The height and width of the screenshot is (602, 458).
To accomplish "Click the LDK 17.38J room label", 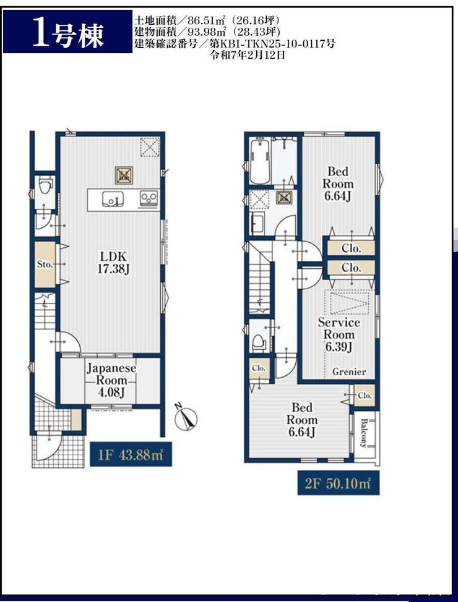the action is coord(113,263).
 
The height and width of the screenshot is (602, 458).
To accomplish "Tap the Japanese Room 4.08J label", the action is coord(111,380).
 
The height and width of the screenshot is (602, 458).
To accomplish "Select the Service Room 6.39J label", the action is coord(339,334).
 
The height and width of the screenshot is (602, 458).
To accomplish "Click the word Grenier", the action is coord(349,371).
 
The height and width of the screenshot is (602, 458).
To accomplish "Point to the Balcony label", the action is coord(364,433).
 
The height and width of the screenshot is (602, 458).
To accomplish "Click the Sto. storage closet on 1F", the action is coord(45,265).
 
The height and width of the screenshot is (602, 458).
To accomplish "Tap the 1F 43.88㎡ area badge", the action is coord(131,454).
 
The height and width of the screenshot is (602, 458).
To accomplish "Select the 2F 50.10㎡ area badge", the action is coord(339,483).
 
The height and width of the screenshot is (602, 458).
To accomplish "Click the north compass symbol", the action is coord(186,417).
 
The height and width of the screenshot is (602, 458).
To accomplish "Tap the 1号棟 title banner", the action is coord(67,32).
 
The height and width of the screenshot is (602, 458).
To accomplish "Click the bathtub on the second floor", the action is coord(259,161).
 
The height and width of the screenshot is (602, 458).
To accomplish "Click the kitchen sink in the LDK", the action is coord(113,199).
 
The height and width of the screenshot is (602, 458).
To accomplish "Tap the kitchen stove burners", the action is coord(149,198).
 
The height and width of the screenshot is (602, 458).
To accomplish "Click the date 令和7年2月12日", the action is coord(248,55).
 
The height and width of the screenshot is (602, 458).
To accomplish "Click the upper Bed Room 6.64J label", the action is coord(338,184).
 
